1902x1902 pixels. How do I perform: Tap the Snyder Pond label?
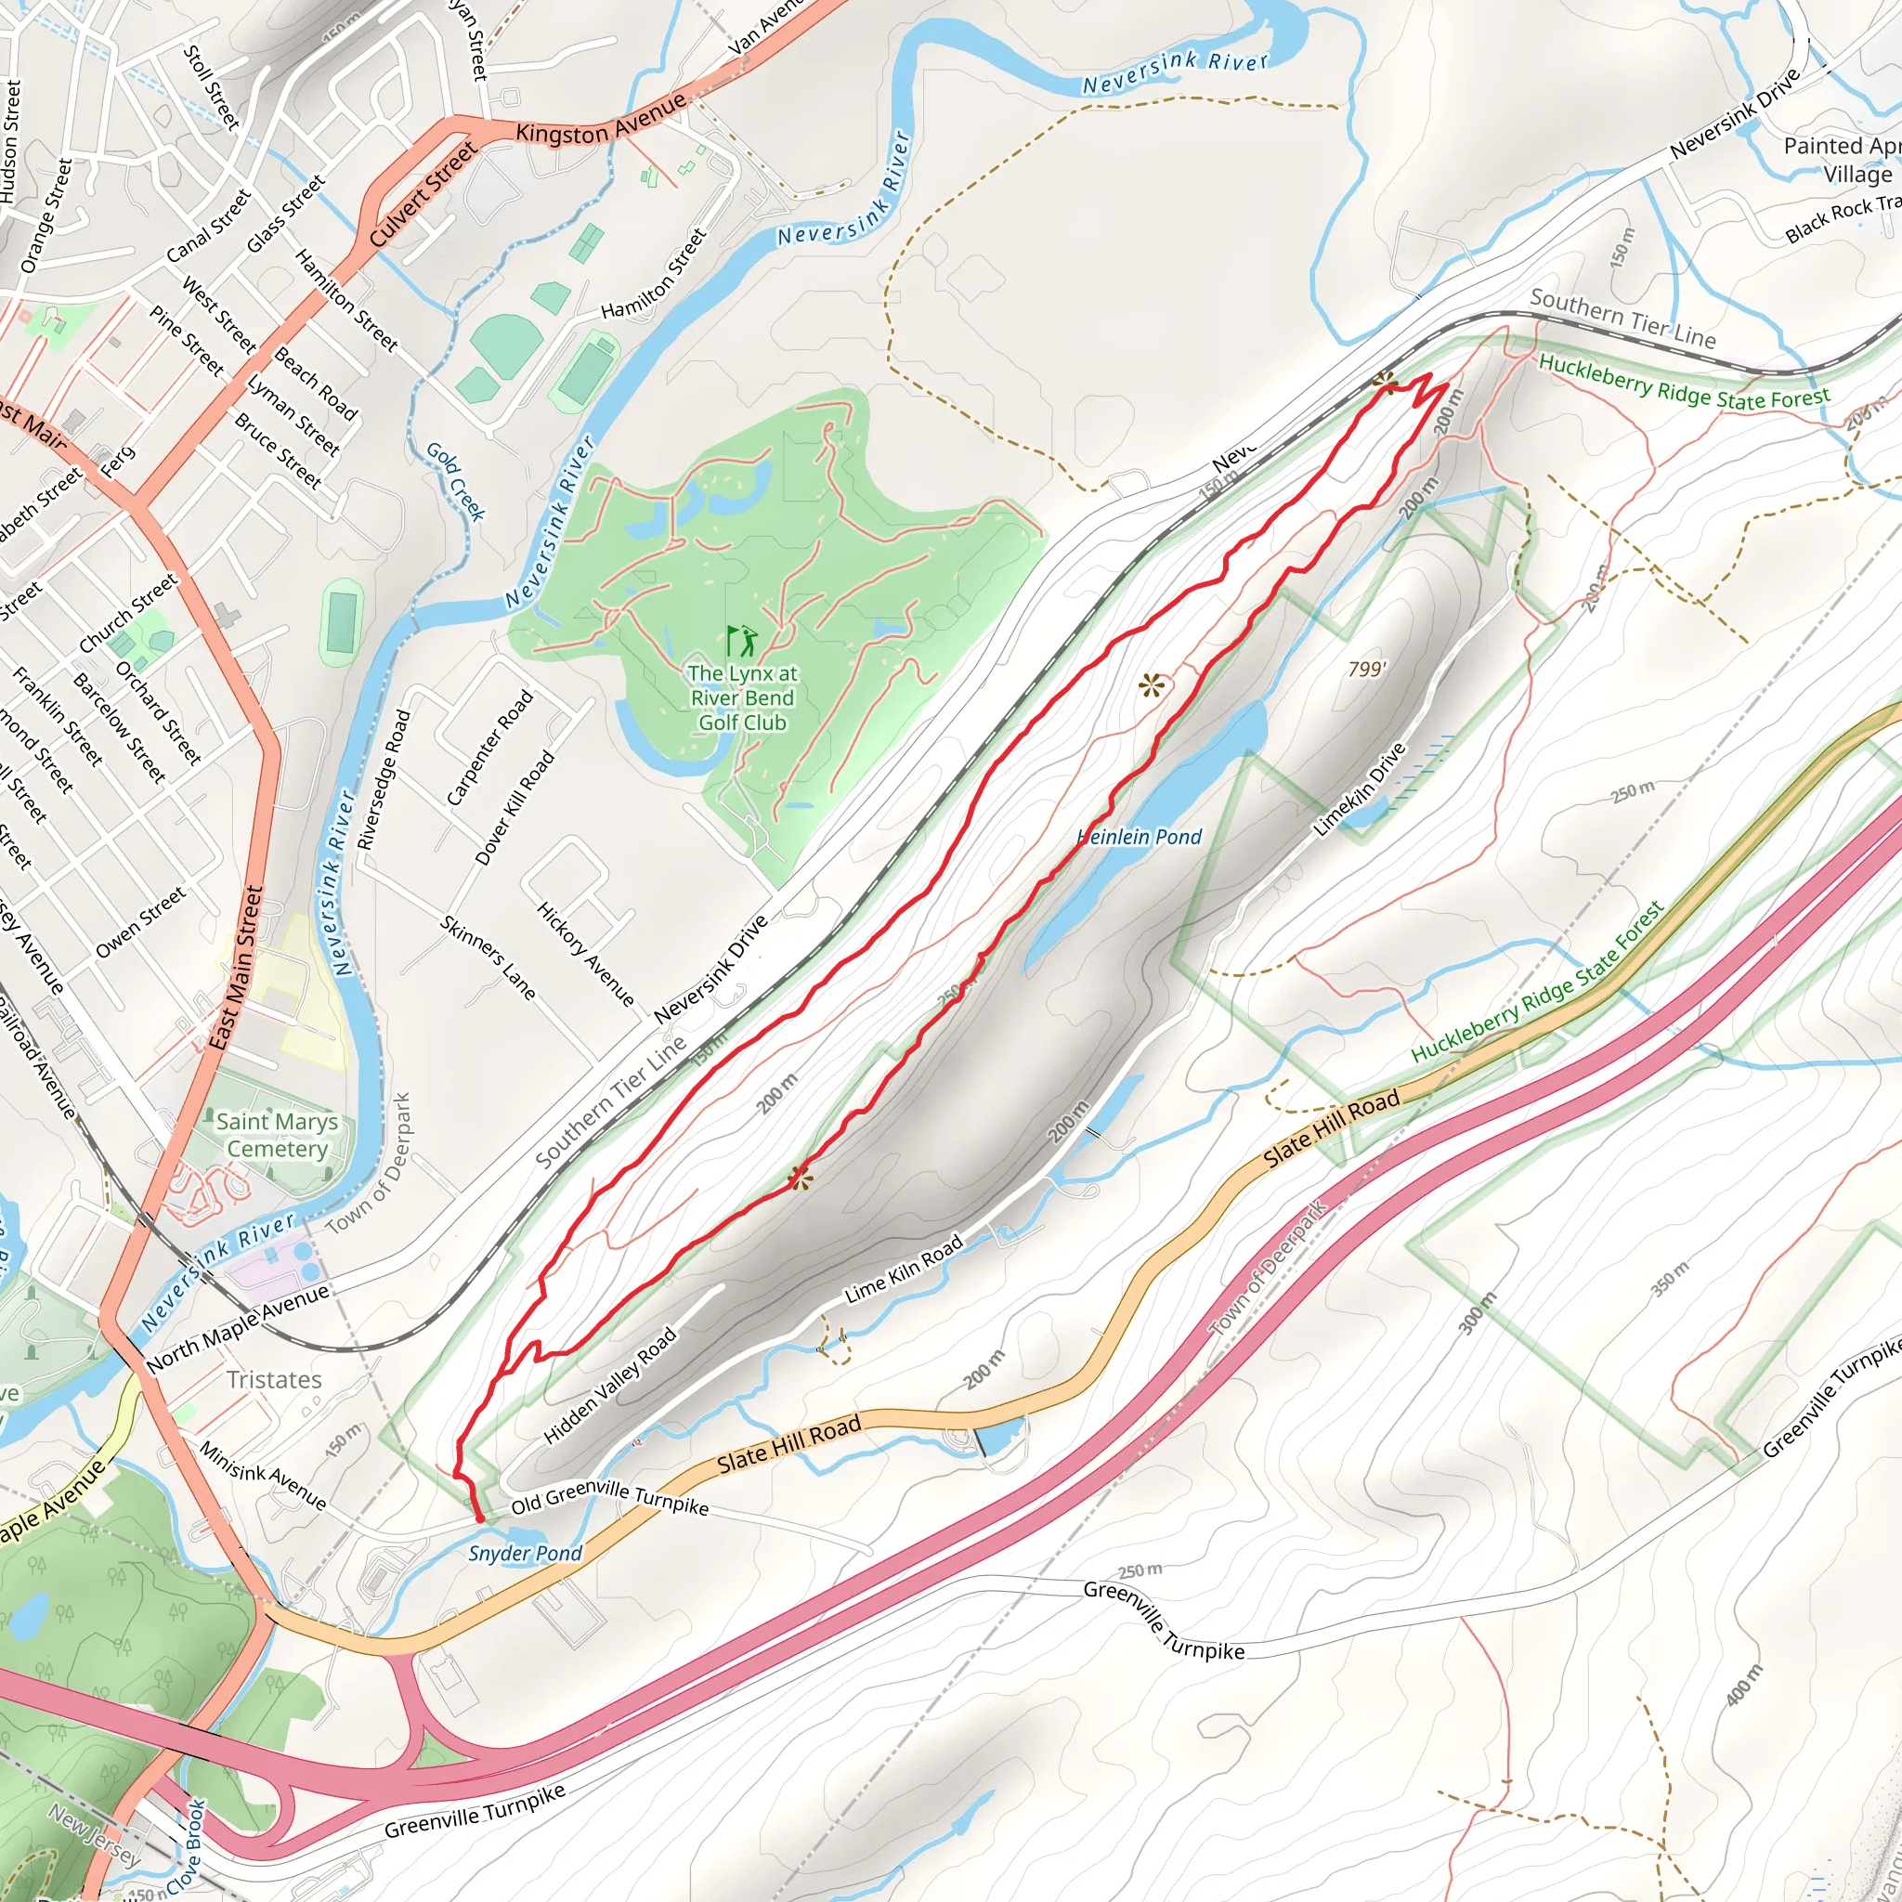pos(525,1554)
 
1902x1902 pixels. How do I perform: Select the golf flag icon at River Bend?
pos(742,640)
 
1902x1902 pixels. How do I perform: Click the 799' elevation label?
pos(1366,670)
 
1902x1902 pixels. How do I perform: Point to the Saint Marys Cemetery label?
pos(277,1135)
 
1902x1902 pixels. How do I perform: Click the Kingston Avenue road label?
pos(601,120)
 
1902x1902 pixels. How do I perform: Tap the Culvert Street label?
pos(423,194)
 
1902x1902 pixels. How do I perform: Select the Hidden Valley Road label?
pos(610,1387)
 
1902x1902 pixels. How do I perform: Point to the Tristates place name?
pos(274,1379)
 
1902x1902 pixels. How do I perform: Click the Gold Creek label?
pos(456,480)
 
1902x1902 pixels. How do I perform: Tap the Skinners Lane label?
pos(489,958)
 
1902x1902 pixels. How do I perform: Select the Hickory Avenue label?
pos(586,954)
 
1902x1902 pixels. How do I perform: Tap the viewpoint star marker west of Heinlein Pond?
pos(1151,685)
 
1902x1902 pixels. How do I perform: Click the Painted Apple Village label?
pos(1840,160)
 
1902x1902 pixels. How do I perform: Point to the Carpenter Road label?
pos(489,749)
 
